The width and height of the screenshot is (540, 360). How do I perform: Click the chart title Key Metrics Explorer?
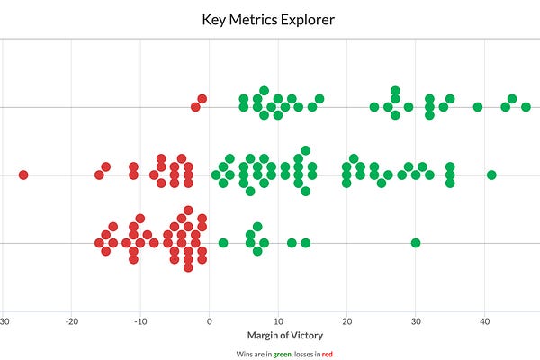coord(270,17)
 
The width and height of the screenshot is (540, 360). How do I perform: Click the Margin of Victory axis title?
coord(278,337)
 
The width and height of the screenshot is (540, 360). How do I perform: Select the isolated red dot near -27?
coord(23,175)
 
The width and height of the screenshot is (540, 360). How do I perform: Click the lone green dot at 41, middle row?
coord(491,175)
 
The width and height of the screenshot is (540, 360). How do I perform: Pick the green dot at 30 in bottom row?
coord(416,243)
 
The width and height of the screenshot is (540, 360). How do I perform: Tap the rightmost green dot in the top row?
coord(526,107)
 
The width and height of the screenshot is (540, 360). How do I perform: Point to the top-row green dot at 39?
coord(478,107)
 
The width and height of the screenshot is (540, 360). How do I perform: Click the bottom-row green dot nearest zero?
coord(223,243)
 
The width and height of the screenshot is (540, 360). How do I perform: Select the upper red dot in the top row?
coord(202,99)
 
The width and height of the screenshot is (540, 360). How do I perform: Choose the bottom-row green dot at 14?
coord(306,243)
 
